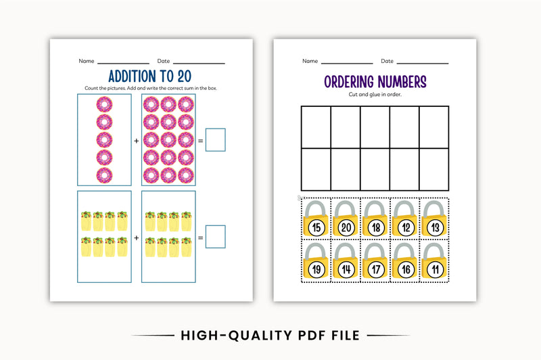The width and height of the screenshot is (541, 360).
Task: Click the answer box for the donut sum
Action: point(215,140)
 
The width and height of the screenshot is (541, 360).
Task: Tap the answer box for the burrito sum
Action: point(215,237)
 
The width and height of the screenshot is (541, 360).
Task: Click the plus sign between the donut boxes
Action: point(136,141)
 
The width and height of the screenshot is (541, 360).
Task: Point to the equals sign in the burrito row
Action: point(200,238)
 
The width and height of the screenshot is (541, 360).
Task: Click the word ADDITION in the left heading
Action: point(131,76)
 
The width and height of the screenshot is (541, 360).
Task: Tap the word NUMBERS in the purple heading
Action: point(403,82)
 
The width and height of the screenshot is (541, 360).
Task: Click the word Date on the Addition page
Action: point(164,61)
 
